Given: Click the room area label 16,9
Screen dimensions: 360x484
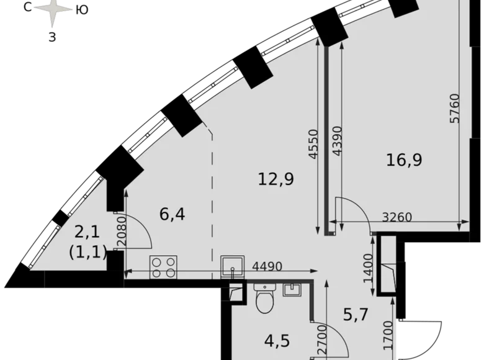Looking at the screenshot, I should (x=404, y=160).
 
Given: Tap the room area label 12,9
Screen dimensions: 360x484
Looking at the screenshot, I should (x=276, y=180).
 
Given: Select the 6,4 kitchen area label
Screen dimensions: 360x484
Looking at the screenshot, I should (x=173, y=214).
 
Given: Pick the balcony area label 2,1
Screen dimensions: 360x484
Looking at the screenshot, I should (x=87, y=233).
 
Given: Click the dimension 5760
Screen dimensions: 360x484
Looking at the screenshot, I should (x=455, y=108).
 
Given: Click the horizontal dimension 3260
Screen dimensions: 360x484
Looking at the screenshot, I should (x=397, y=217).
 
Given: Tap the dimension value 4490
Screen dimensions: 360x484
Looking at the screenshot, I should (x=267, y=267).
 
